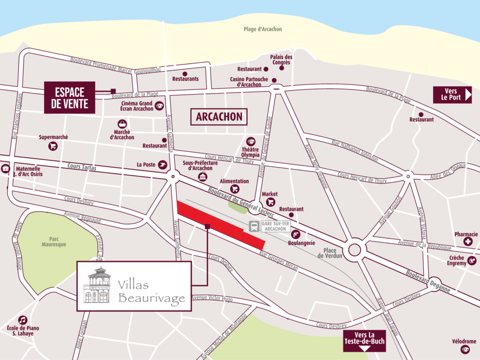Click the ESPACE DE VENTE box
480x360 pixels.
[x=69, y=97]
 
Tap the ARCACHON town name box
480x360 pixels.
[x=219, y=117]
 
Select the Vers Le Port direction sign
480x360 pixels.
[x=452, y=95]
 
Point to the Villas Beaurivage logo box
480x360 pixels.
[x=134, y=286]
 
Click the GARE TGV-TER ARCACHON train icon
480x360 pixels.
[x=254, y=227]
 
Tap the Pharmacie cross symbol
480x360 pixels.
[x=468, y=242]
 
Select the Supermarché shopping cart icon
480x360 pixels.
[x=53, y=146]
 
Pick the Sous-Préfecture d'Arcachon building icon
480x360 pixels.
[x=202, y=176]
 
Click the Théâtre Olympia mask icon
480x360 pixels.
[x=251, y=142]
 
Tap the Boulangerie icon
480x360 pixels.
[x=296, y=234]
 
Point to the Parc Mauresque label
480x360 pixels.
[x=54, y=241]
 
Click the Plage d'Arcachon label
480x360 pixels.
[x=262, y=29]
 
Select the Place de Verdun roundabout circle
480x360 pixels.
[x=355, y=249]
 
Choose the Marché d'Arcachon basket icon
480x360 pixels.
[x=122, y=124]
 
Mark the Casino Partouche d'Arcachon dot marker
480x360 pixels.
[x=275, y=80]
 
